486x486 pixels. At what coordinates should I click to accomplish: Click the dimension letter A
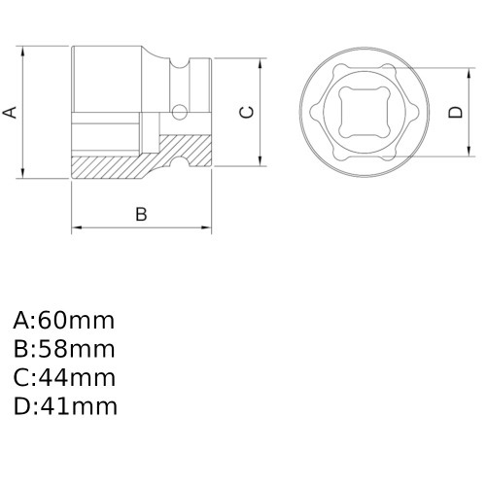tap(12, 112)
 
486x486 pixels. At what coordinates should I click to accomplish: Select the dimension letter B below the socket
tap(140, 214)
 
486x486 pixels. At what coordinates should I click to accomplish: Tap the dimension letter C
tap(247, 112)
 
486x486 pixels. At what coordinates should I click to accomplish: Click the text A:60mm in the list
tap(64, 321)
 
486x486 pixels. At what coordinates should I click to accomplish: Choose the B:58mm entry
tap(64, 349)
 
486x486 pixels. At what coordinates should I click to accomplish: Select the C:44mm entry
tap(64, 377)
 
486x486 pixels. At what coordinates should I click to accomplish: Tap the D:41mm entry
tap(64, 405)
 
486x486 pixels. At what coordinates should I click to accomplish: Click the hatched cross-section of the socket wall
tap(117, 166)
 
